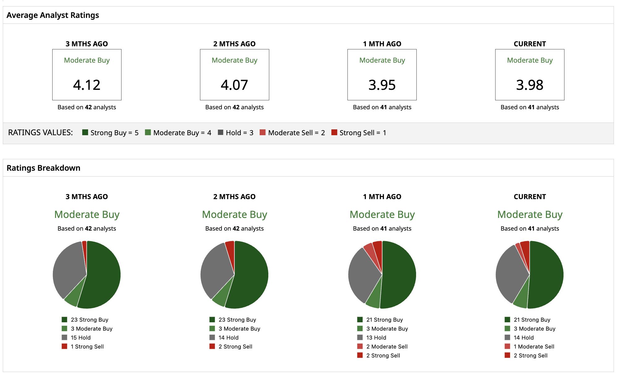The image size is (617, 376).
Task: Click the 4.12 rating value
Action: click(87, 85)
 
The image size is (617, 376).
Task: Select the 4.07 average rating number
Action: click(234, 85)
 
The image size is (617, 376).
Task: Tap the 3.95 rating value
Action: click(382, 85)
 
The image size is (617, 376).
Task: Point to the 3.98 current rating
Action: click(530, 85)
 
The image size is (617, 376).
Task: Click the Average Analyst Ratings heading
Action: click(53, 15)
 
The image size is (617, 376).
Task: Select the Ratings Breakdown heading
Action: click(44, 168)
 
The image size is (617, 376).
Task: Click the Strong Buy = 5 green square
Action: click(85, 132)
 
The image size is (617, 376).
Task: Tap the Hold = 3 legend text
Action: click(240, 133)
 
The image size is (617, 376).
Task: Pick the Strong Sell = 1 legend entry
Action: click(359, 133)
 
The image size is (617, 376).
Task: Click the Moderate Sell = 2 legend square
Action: click(263, 132)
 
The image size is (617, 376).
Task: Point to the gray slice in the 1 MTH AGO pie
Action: click(364, 275)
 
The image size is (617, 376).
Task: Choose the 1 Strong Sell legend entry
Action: click(83, 346)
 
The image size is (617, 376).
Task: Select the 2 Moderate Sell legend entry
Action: click(382, 346)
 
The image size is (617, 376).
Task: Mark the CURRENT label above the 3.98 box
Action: click(530, 44)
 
